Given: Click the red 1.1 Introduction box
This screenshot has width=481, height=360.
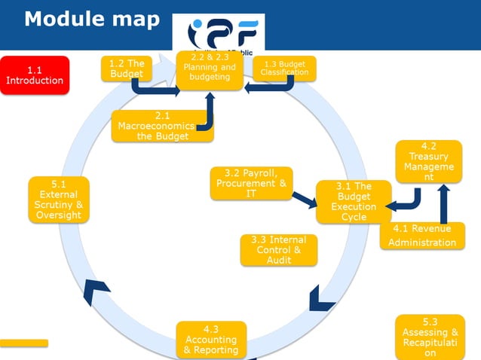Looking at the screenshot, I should tap(35, 75).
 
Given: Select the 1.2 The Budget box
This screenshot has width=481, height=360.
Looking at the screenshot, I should tap(126, 69).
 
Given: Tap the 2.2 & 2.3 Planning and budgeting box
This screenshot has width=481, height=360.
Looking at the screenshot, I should tap(210, 71).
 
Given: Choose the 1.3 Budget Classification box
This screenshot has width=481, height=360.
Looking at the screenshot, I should tap(284, 69).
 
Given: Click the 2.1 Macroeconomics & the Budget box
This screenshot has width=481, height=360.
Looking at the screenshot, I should tap(162, 126).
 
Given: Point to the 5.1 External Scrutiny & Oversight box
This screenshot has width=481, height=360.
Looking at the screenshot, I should tap(59, 200).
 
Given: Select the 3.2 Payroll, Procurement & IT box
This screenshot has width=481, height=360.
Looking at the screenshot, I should tap(251, 183).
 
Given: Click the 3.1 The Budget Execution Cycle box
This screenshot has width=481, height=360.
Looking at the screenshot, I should tap(354, 202).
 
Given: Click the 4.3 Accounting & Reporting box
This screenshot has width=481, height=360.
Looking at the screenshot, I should tap(211, 340).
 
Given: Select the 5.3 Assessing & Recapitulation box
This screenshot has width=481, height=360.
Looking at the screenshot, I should tap(430, 337).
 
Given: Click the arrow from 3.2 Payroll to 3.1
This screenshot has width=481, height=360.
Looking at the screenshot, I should tap(305, 200).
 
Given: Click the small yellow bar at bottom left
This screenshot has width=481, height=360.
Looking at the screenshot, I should tap(24, 343).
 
